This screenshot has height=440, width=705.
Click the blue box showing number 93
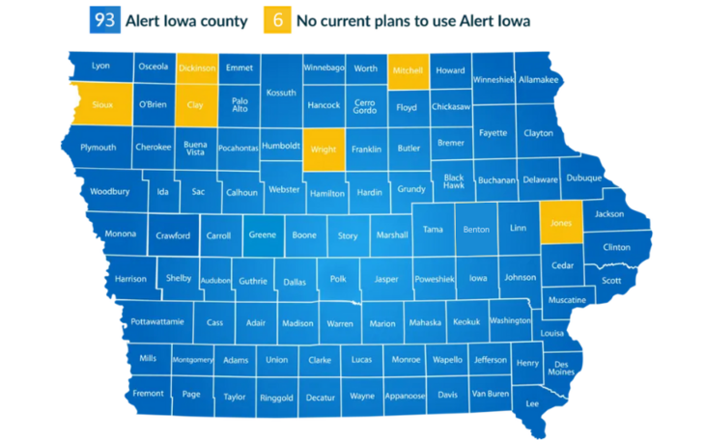pos(103,20)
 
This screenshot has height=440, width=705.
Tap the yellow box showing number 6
pos(275,20)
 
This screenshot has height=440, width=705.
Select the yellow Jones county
pos(561,222)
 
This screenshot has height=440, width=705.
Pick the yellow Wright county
pos(323,150)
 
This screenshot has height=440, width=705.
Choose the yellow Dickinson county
pos(197,69)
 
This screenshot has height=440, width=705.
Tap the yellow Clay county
pos(196,104)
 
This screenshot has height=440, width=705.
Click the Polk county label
pos(338,279)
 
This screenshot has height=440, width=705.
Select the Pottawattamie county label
pos(157,321)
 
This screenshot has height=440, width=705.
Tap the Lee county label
pos(532,403)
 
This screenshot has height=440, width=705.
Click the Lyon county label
pos(100,67)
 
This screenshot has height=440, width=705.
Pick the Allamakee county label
pos(539,80)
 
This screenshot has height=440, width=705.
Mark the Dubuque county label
pos(583,178)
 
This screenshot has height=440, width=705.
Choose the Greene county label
pos(262,234)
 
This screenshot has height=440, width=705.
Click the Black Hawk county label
pos(454,181)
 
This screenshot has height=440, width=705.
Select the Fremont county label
pos(149,394)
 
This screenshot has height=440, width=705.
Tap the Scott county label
pos(611,281)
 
